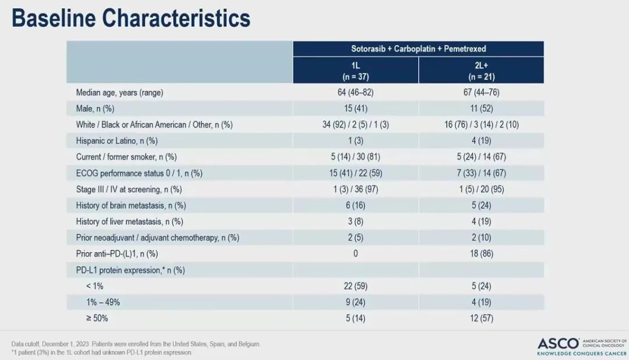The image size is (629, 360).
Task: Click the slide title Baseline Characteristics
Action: tap(131, 19)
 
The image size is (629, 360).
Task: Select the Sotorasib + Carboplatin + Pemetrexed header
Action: tap(418, 48)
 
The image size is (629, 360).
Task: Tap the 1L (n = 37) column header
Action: tap(355, 70)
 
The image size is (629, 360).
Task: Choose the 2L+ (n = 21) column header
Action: tap(481, 70)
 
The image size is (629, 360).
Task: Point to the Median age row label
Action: tap(119, 93)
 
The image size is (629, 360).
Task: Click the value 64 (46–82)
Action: tap(355, 93)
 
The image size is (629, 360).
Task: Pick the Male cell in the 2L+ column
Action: tap(481, 108)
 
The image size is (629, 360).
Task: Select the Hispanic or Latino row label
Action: tap(116, 140)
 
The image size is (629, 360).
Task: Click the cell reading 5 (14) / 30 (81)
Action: tap(355, 157)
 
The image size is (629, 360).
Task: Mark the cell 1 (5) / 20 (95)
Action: tap(481, 189)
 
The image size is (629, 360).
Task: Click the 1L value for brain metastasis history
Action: tap(355, 205)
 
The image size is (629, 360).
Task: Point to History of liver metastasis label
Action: tap(129, 221)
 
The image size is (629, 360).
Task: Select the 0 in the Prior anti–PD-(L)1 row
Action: tap(355, 253)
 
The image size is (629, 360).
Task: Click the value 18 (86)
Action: tap(481, 253)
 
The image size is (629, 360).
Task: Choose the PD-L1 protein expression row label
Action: tap(130, 270)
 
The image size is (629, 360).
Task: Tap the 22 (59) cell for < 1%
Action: tap(355, 286)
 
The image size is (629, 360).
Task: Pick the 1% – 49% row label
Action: tap(103, 302)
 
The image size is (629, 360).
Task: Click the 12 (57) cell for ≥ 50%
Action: tap(481, 318)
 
